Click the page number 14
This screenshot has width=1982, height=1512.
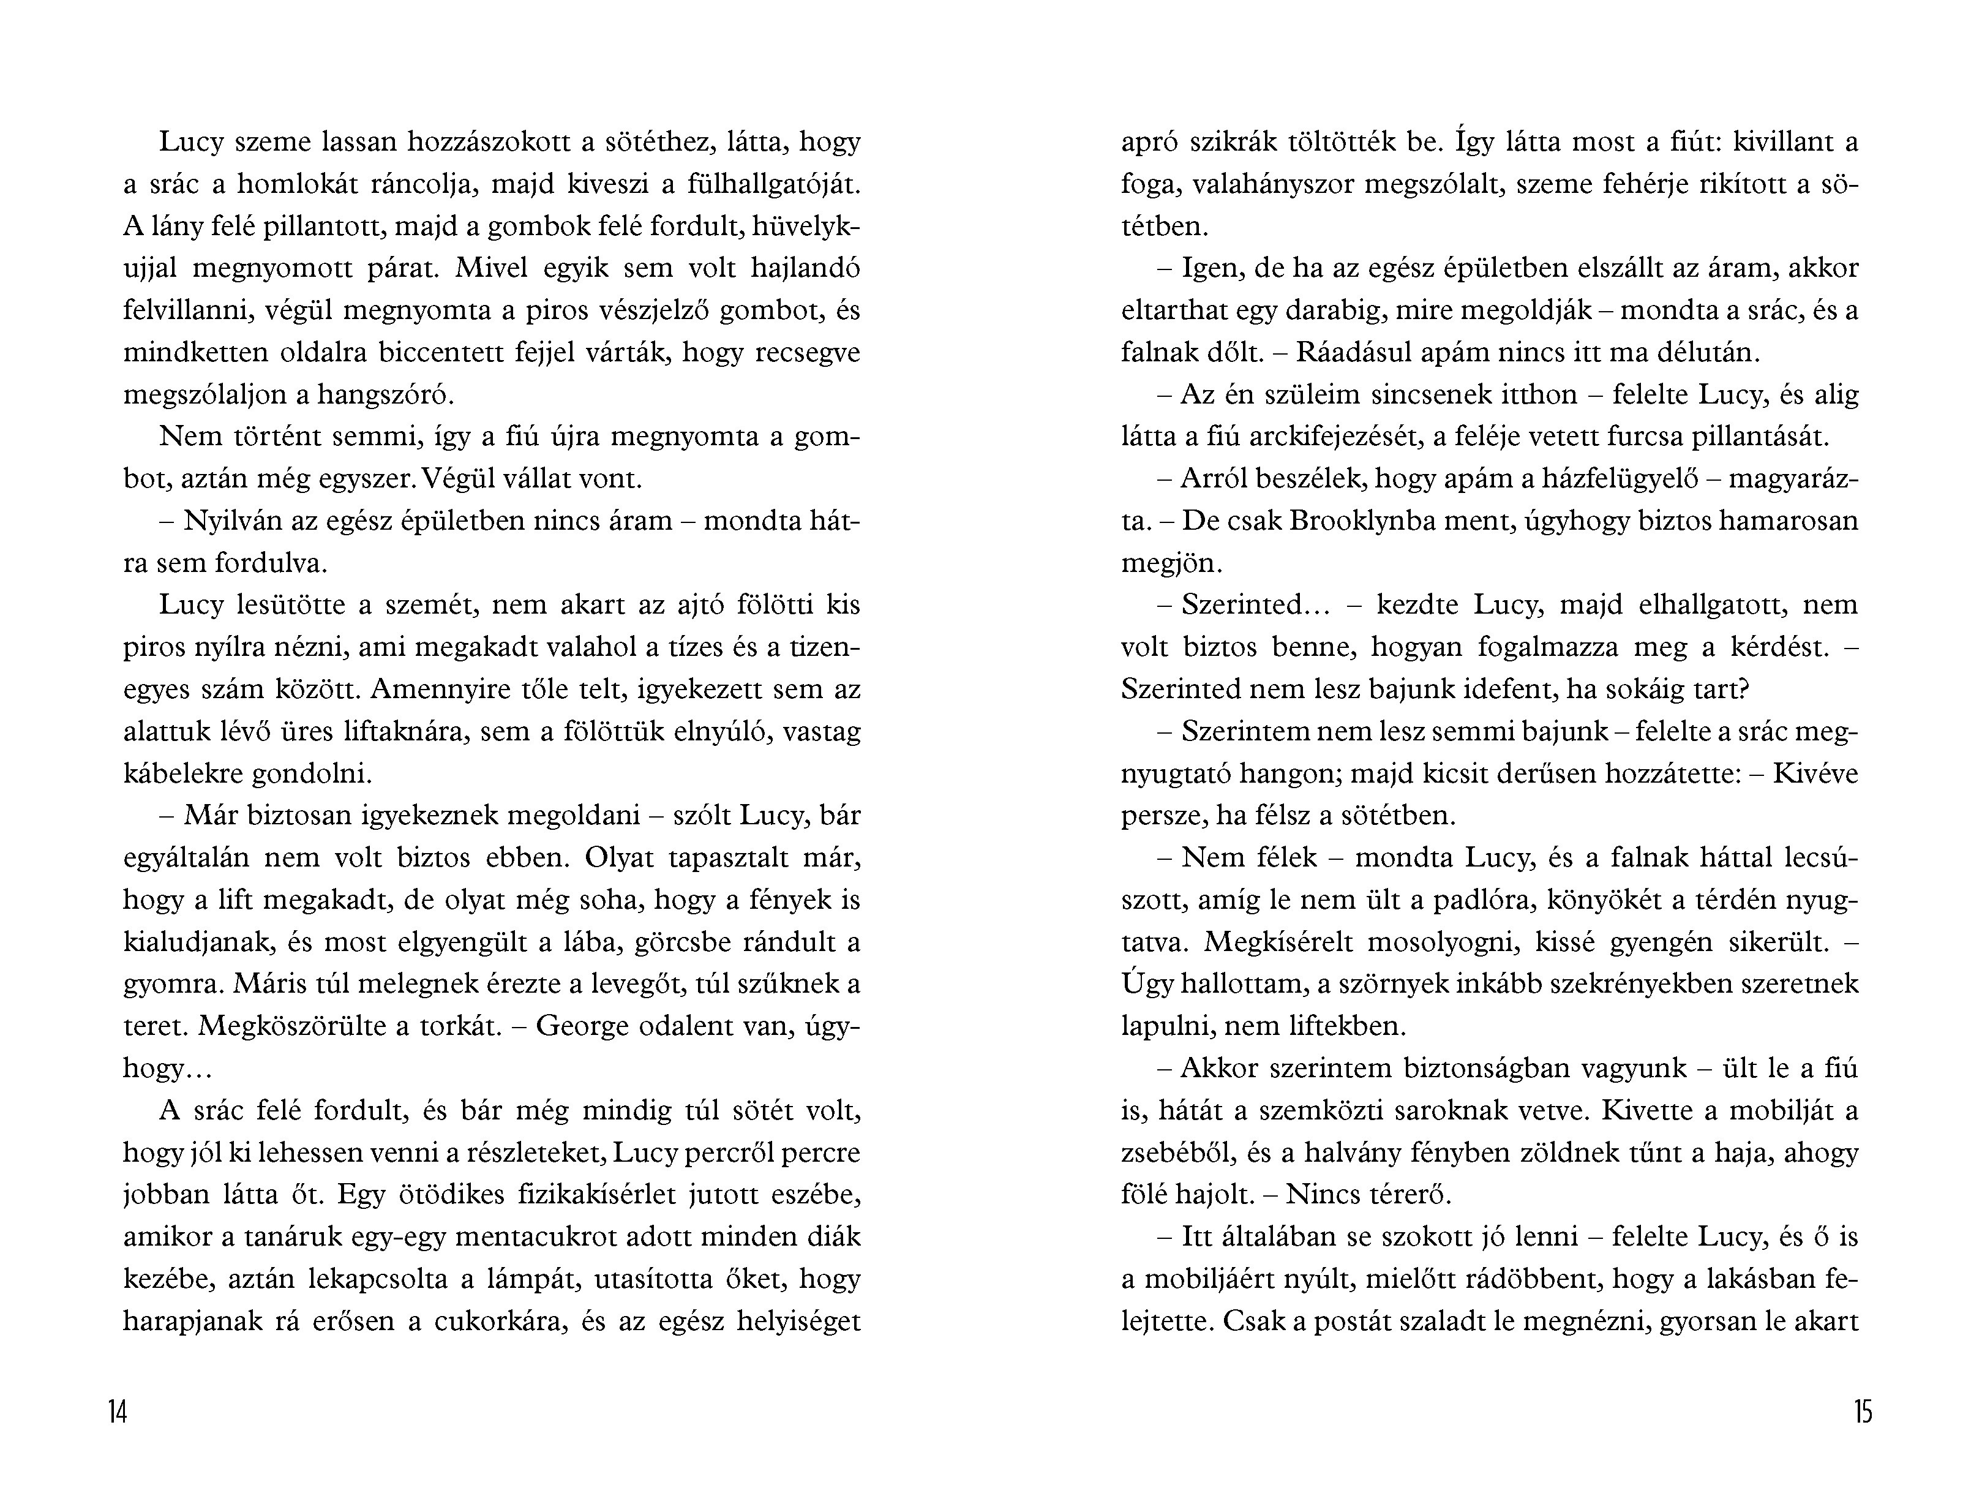coord(118,1412)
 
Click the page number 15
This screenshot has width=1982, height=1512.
coord(1863,1412)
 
